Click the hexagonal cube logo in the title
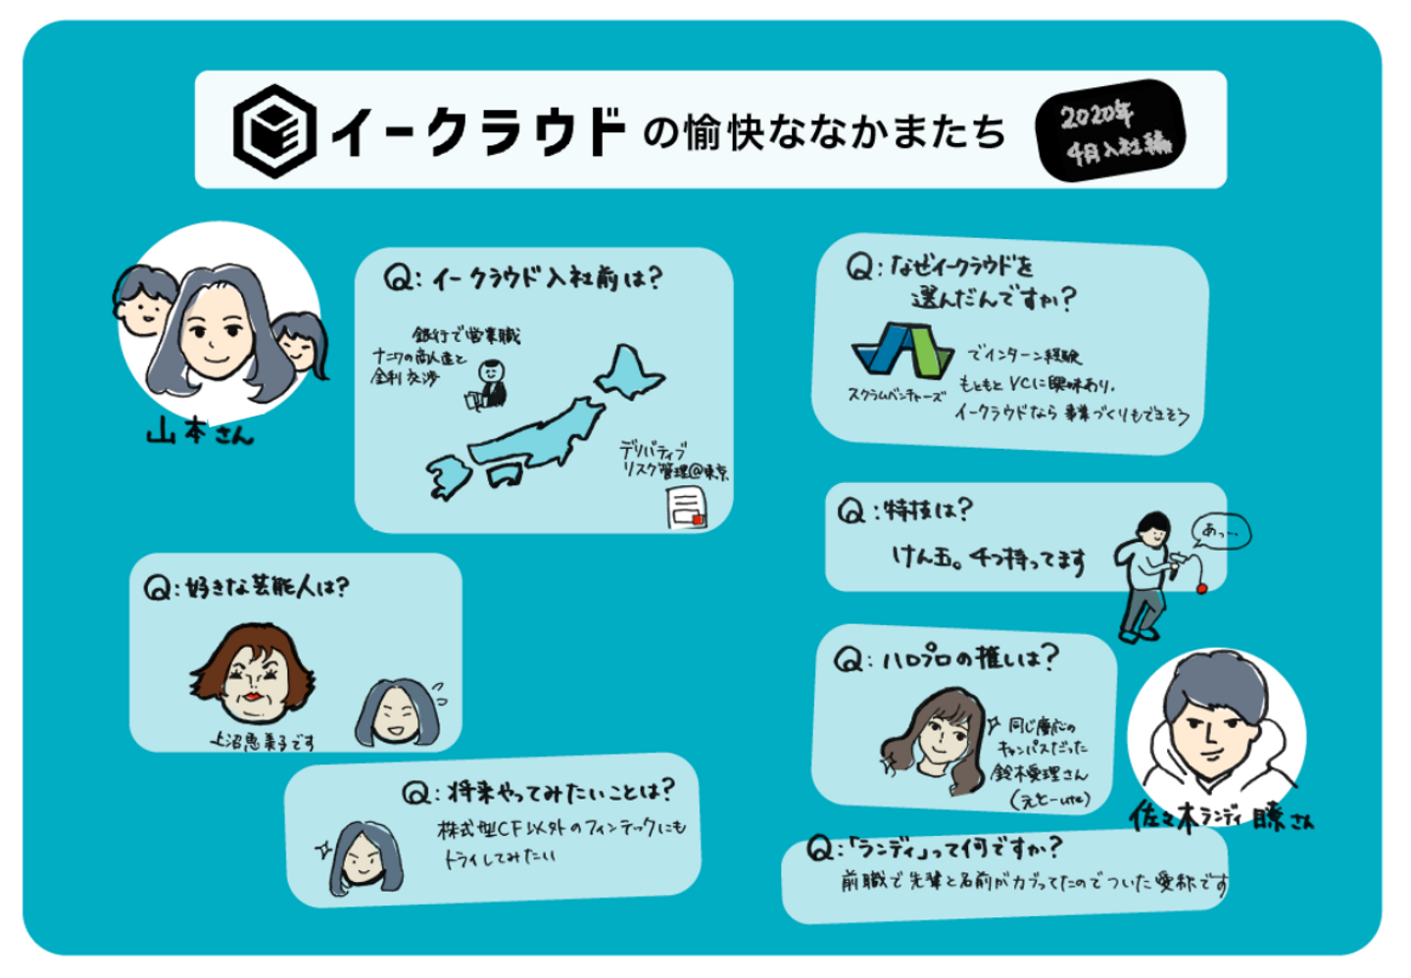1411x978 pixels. (x=274, y=130)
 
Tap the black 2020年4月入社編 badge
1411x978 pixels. (x=1111, y=130)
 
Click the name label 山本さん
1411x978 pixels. (x=200, y=431)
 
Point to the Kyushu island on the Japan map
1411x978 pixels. (x=449, y=476)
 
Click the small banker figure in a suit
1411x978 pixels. (x=490, y=383)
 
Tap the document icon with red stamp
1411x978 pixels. (x=686, y=508)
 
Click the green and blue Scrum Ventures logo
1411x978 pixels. (x=901, y=351)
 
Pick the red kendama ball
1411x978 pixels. (x=1201, y=588)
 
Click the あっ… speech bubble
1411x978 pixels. (x=1221, y=532)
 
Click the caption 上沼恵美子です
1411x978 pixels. (x=265, y=742)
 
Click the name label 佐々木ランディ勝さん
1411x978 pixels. (x=1221, y=817)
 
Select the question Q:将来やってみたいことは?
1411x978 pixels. (x=538, y=792)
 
